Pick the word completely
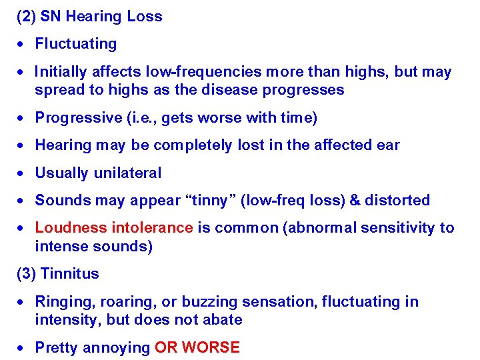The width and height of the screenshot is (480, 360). tap(193, 145)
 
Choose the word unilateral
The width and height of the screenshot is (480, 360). tap(127, 173)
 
